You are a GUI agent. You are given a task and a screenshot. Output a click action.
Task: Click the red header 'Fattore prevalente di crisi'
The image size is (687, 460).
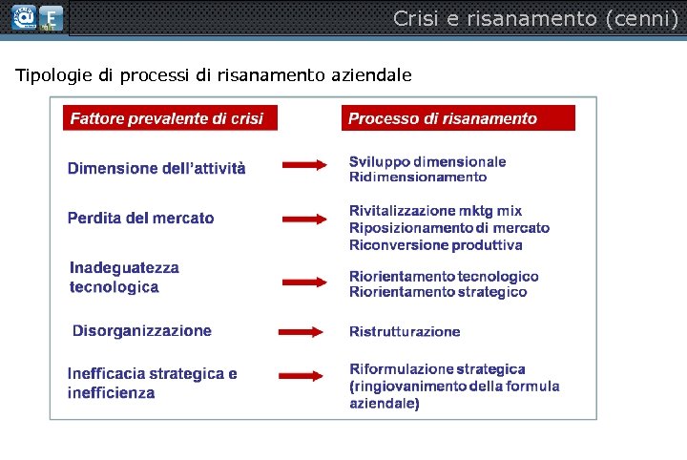pos(167,119)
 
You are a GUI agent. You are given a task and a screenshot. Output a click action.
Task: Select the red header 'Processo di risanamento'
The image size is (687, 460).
pos(443,119)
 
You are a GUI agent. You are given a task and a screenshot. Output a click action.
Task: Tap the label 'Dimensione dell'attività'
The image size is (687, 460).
pos(156,169)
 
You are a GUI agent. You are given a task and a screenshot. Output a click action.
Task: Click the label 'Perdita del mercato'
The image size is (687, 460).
pos(141,219)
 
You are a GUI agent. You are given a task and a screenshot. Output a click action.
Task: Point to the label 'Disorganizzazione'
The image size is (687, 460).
pos(142,331)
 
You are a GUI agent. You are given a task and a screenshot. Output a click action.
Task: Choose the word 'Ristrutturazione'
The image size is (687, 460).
pos(405,332)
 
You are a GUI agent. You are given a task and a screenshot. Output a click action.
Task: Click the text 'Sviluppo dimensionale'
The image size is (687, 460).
pos(427,162)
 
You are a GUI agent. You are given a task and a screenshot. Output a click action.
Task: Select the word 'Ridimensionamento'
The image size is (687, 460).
pos(418,177)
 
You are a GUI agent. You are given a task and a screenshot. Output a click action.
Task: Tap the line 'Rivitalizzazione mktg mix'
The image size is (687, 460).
pos(435,211)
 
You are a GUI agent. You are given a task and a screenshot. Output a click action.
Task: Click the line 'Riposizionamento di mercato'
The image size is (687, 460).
pos(449,228)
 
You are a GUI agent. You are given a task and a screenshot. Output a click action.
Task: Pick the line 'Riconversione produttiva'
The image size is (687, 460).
pos(436,245)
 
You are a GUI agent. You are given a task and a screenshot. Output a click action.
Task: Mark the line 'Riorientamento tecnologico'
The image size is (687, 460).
pos(444,277)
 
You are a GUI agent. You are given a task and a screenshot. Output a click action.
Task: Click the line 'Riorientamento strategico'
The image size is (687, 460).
pos(438,292)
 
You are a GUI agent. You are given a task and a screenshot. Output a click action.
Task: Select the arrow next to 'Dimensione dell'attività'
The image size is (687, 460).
pos(304,167)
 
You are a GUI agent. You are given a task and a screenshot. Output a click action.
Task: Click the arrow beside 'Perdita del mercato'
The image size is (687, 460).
pos(304,219)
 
